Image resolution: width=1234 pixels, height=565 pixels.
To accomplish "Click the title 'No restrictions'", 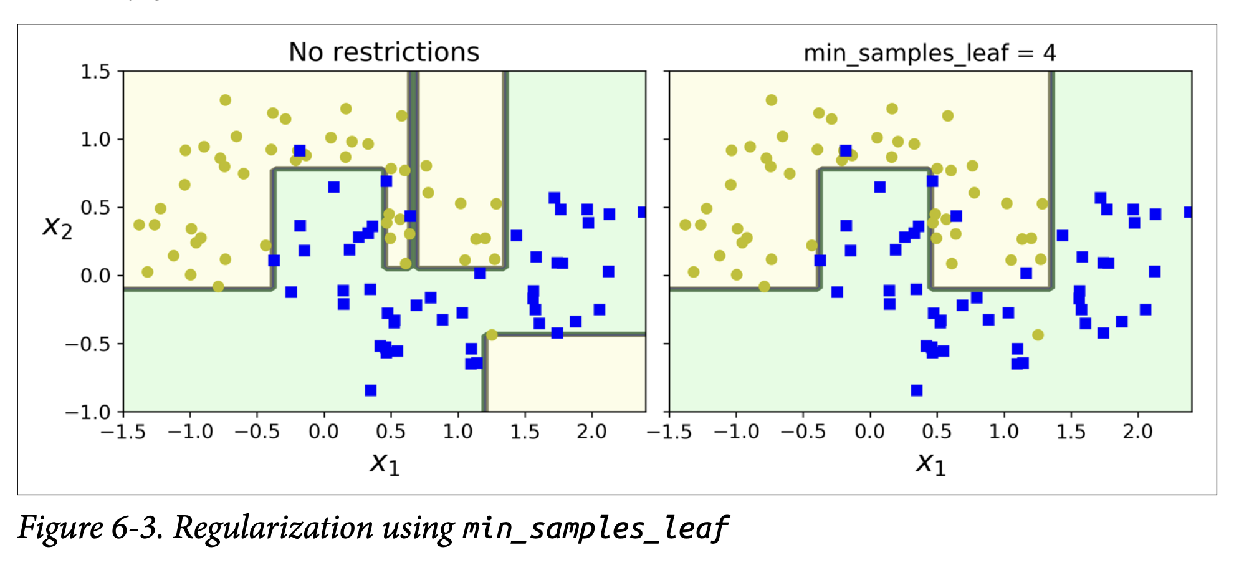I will point(384,52).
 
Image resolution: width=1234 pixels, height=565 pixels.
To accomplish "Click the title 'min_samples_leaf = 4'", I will point(929,54).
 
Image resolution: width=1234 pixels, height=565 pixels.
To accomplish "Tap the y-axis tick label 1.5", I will point(95,72).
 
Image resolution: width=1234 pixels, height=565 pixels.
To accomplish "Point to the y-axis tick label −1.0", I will point(87,412).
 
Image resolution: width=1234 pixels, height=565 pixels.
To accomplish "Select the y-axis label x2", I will point(57,226).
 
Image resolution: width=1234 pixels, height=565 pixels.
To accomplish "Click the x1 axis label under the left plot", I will point(385,463).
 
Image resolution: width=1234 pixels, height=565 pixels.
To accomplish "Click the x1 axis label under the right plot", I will point(930,463).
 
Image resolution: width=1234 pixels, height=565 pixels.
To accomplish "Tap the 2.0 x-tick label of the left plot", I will point(591,432).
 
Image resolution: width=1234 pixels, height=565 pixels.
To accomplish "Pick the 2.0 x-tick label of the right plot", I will point(1137,432).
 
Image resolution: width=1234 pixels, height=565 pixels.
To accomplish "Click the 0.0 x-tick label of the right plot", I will point(869,432).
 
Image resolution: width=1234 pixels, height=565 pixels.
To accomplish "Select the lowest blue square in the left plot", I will point(370,390).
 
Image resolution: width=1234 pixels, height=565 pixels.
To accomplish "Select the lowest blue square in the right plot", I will point(916,390).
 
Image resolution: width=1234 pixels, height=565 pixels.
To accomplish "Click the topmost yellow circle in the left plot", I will point(225,100).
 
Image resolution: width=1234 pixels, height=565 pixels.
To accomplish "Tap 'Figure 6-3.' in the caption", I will point(90,528).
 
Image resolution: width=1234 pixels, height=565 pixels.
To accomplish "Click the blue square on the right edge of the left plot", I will point(643,212).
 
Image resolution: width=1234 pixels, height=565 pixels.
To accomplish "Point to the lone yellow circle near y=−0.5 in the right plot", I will point(1038,335).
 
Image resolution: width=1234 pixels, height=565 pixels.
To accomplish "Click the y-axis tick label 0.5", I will point(95,207).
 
